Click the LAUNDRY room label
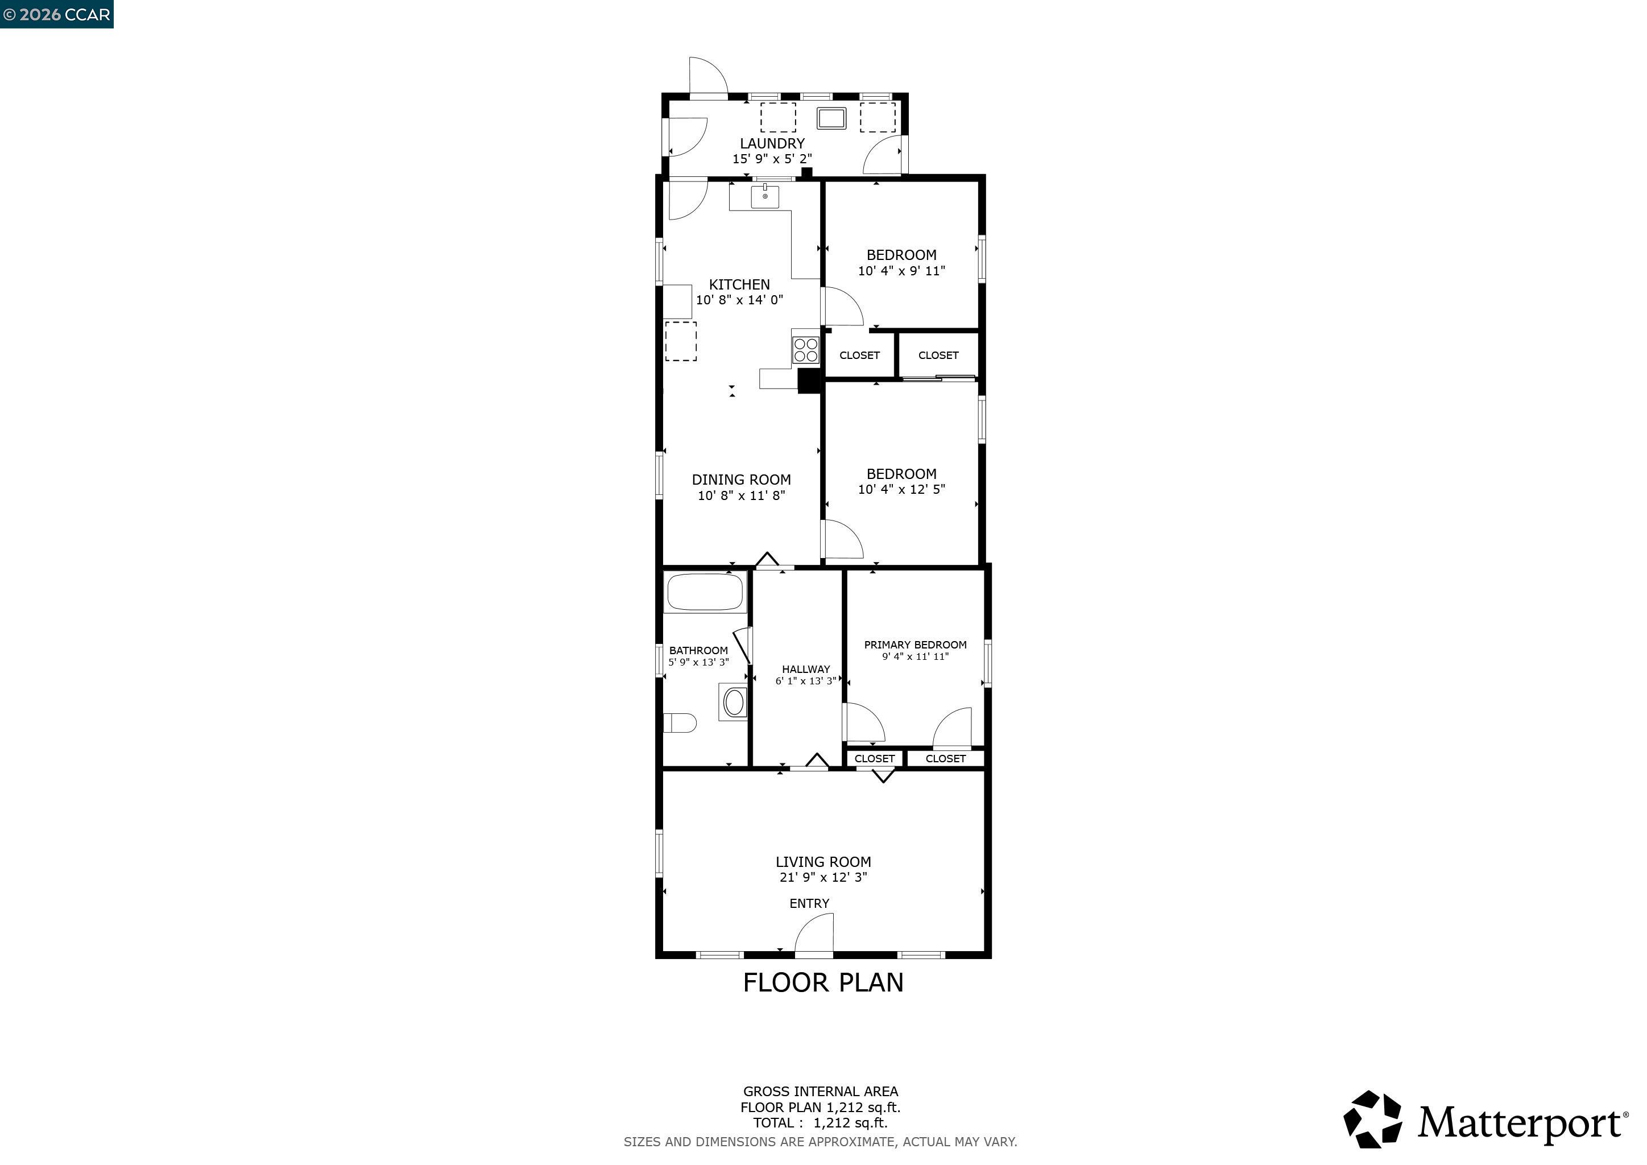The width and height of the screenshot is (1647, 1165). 772,143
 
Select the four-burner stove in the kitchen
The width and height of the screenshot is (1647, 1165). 805,349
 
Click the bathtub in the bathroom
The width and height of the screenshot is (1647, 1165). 706,592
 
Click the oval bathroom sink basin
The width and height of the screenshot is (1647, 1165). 734,703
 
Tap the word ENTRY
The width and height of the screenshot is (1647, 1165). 809,904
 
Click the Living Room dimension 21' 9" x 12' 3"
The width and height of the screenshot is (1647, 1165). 823,877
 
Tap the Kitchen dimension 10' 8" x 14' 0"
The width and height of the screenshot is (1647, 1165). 739,300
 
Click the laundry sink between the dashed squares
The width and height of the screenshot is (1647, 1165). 831,118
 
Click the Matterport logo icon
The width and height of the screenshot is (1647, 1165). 1372,1119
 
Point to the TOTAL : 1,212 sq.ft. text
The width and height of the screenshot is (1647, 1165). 820,1123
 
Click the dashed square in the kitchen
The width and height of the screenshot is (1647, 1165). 681,341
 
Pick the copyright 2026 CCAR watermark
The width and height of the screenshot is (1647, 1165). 57,14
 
